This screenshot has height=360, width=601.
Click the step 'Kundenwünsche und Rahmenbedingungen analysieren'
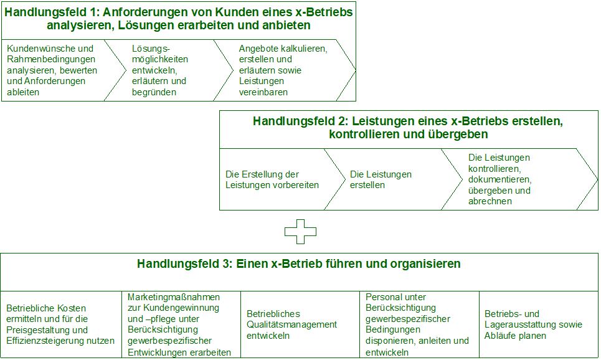click(52, 70)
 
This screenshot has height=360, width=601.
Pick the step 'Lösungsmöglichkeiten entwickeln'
click(160, 70)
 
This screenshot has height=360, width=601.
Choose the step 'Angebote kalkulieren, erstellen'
click(283, 70)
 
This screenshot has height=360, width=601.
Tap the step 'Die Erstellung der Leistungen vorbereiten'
click(272, 179)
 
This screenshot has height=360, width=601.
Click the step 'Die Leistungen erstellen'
click(381, 179)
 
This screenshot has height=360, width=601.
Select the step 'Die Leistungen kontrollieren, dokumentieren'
click(499, 179)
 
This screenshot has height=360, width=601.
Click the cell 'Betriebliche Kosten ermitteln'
click(60, 324)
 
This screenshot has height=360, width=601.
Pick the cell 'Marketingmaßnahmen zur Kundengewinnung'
click(179, 324)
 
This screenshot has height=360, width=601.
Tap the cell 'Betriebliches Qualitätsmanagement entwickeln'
click(291, 324)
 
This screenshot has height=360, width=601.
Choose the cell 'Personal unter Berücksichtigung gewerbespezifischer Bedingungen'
click(417, 324)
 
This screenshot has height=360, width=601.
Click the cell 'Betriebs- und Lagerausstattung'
click(533, 324)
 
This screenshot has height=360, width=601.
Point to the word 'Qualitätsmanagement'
click(291, 324)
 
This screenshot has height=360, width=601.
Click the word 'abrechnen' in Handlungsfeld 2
click(490, 201)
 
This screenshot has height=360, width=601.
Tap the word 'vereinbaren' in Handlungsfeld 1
click(263, 92)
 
